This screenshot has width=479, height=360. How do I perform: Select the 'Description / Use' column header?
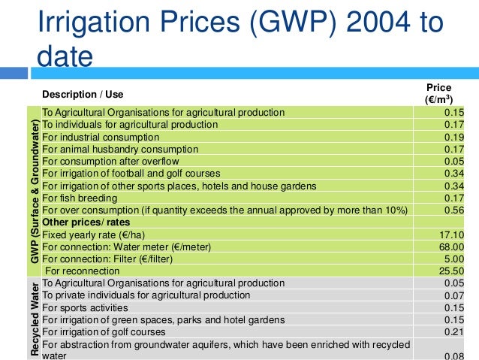[83, 95]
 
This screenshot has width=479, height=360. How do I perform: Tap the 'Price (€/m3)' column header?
[438, 93]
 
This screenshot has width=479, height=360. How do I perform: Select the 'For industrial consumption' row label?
[101, 138]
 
